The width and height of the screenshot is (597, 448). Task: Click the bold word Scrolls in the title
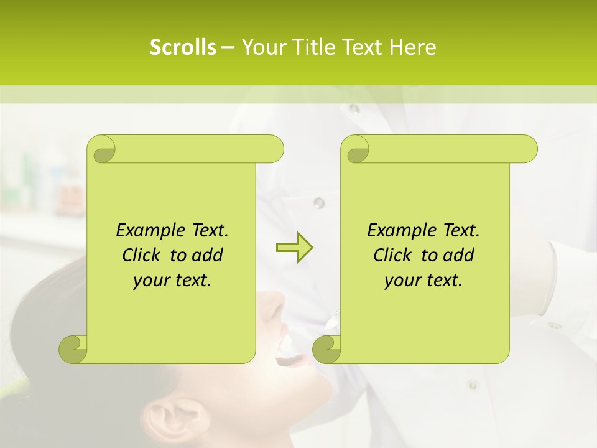[x=183, y=47]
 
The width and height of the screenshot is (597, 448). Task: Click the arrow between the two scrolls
[x=294, y=248]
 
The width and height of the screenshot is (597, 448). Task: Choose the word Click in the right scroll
[x=393, y=255]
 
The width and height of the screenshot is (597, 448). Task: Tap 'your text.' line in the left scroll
[x=172, y=281]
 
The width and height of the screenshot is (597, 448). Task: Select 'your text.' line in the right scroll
[x=423, y=281]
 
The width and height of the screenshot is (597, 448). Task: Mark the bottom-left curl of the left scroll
[x=73, y=348]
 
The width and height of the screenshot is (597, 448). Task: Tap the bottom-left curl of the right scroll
[x=326, y=348]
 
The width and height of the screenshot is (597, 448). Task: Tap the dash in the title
[x=228, y=47]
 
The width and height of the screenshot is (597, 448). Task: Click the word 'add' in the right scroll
[x=460, y=255]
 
